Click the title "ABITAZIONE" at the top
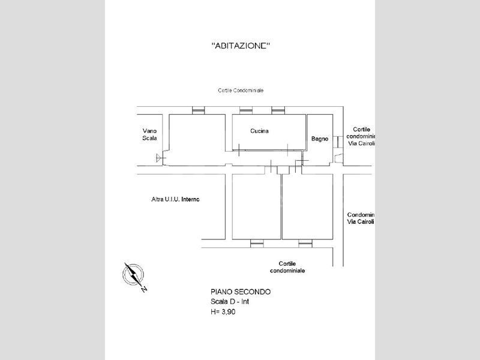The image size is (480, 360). tap(241, 46)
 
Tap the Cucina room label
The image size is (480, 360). tap(259, 131)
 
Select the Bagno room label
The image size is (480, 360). tap(320, 139)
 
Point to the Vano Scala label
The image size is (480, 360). tap(149, 134)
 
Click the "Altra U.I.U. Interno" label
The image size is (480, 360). tap(175, 199)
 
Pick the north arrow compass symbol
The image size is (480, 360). tap(134, 276)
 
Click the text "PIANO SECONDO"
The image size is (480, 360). tap(241, 292)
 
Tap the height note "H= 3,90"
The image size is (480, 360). tap(223, 312)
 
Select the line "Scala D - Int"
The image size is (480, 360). tap(230, 302)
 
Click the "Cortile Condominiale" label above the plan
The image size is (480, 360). tap(241, 91)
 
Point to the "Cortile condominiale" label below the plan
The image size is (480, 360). tap(287, 267)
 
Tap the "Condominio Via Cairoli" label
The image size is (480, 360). tap(361, 218)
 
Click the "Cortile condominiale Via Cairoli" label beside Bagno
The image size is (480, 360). tap(361, 136)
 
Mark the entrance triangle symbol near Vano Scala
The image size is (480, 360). tap(159, 158)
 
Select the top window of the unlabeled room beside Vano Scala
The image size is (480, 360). tap(198, 110)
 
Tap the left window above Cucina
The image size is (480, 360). tap(246, 110)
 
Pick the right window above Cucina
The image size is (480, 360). tap(278, 110)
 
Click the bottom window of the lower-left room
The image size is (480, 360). tap(257, 244)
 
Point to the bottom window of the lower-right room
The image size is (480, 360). tap(305, 244)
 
